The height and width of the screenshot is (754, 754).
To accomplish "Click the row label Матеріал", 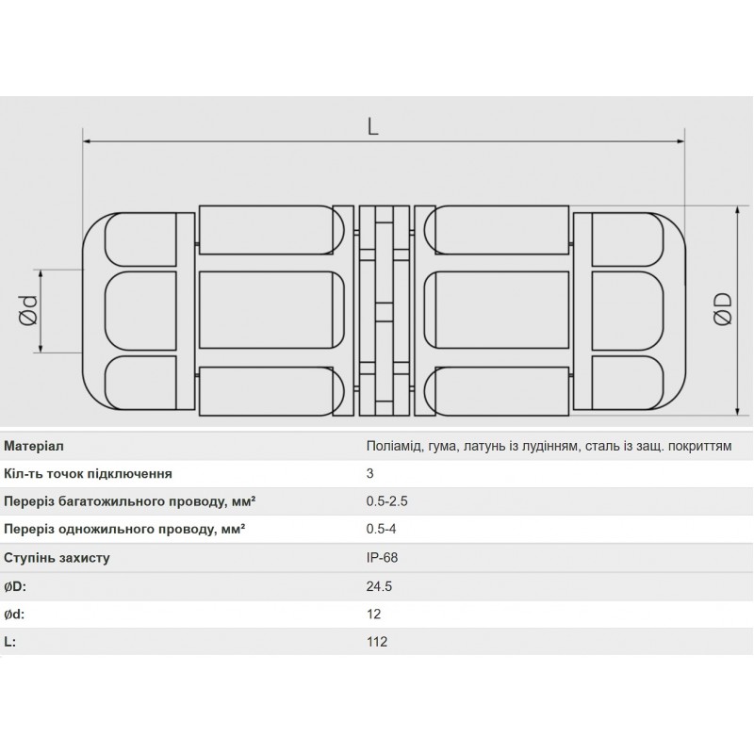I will [34, 446].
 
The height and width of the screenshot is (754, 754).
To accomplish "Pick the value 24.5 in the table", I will [379, 585].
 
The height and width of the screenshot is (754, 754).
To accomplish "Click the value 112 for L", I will [376, 641].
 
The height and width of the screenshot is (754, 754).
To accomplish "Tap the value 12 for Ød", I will [373, 614].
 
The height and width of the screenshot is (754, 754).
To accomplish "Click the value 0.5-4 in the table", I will [382, 530].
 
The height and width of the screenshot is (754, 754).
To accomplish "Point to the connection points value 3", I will [370, 474].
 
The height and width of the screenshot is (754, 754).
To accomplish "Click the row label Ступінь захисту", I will [57, 557].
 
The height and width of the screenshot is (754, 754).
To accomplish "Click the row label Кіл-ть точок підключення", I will [88, 474].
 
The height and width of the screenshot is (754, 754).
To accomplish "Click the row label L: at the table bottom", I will [10, 641].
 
